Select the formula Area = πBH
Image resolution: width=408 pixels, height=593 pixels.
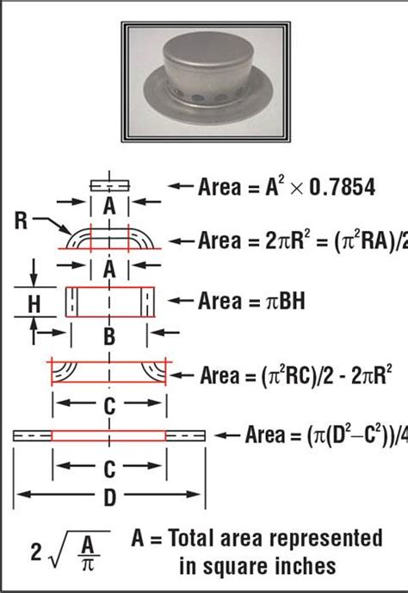(253, 301)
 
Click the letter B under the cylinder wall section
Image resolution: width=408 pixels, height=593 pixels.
(108, 338)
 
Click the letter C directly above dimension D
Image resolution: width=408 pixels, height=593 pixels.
(108, 469)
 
